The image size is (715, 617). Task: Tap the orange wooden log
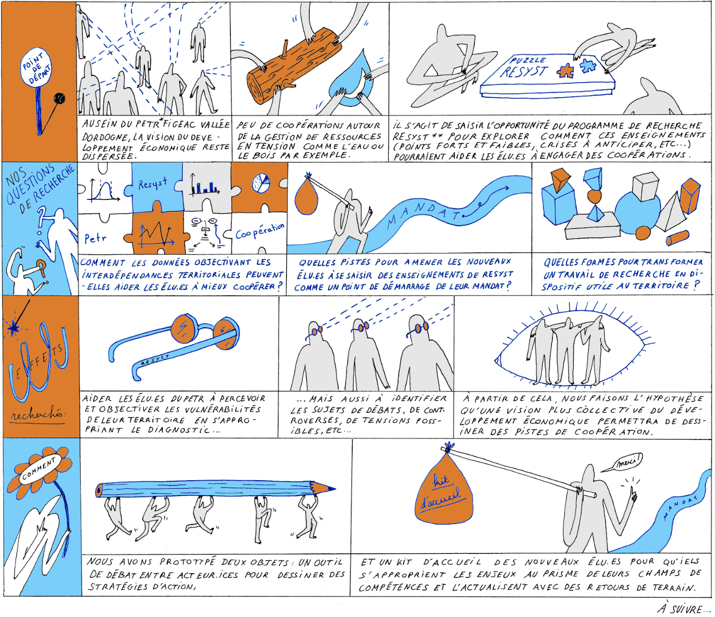click(293, 66)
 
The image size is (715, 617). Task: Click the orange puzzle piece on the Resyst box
click(564, 71)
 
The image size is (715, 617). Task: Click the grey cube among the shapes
click(645, 187)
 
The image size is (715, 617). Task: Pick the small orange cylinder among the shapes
click(677, 238)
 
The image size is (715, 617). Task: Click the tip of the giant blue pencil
click(335, 489)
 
